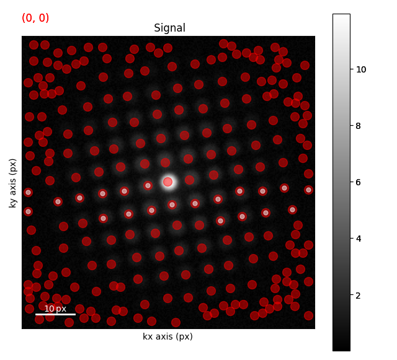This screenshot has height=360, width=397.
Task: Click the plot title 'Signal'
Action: pyautogui.click(x=169, y=28)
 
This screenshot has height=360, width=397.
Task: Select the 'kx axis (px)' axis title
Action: pyautogui.click(x=168, y=336)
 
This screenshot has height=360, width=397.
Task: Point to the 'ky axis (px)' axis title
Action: pyautogui.click(x=12, y=183)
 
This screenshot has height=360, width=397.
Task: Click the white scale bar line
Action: pyautogui.click(x=55, y=315)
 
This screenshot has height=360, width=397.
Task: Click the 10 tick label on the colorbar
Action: pyautogui.click(x=361, y=69)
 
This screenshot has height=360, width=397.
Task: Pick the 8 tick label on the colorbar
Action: pyautogui.click(x=359, y=126)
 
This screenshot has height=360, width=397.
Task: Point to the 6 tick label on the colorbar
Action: pyautogui.click(x=359, y=182)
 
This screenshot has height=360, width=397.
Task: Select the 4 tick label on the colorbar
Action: pyautogui.click(x=359, y=239)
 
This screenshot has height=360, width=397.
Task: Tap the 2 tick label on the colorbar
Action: pyautogui.click(x=359, y=296)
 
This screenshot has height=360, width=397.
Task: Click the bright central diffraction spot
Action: pyautogui.click(x=168, y=182)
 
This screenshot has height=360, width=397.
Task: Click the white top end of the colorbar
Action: pyautogui.click(x=342, y=15)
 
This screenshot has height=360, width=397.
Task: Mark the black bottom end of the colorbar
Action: pyautogui.click(x=342, y=350)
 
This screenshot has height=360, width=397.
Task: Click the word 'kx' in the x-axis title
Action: pyautogui.click(x=148, y=336)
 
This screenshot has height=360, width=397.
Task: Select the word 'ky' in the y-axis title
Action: pyautogui.click(x=12, y=203)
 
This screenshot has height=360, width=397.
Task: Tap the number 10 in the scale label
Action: pyautogui.click(x=49, y=309)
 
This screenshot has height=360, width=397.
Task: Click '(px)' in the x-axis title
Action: pyautogui.click(x=184, y=336)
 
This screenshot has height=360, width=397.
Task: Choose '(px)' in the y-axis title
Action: pyautogui.click(x=12, y=167)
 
